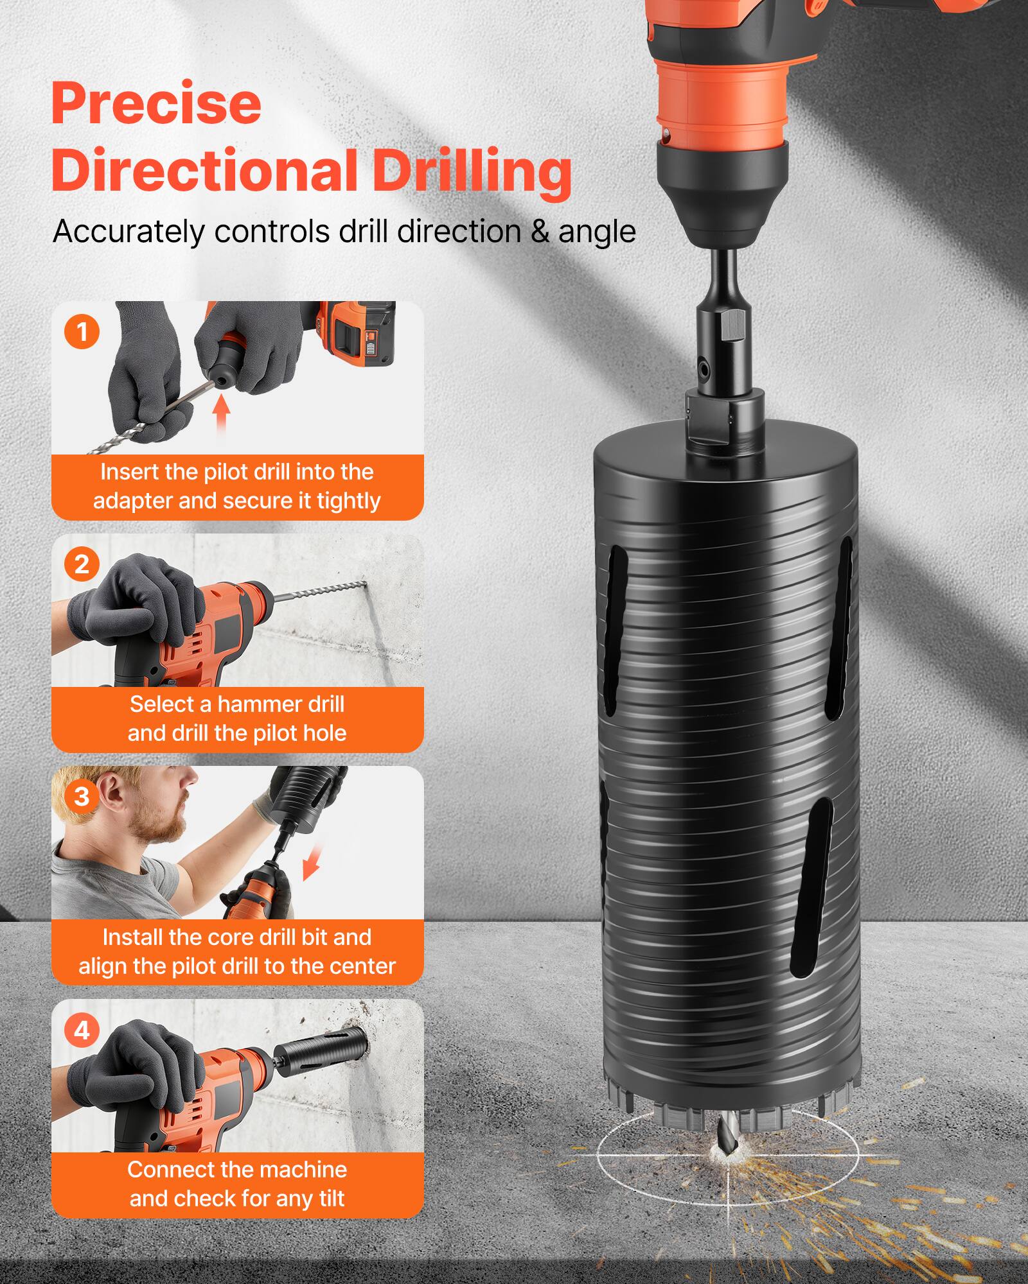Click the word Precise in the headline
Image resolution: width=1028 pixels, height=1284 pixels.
(x=156, y=104)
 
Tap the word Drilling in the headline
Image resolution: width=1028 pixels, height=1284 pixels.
(x=472, y=171)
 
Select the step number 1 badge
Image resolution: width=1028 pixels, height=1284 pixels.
(x=82, y=332)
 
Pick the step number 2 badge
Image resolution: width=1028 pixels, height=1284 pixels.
(x=82, y=564)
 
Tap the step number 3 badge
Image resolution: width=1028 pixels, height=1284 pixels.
(x=82, y=797)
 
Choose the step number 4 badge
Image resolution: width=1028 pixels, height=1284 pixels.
(x=82, y=1030)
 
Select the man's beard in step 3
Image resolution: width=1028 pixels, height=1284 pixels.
(x=161, y=828)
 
